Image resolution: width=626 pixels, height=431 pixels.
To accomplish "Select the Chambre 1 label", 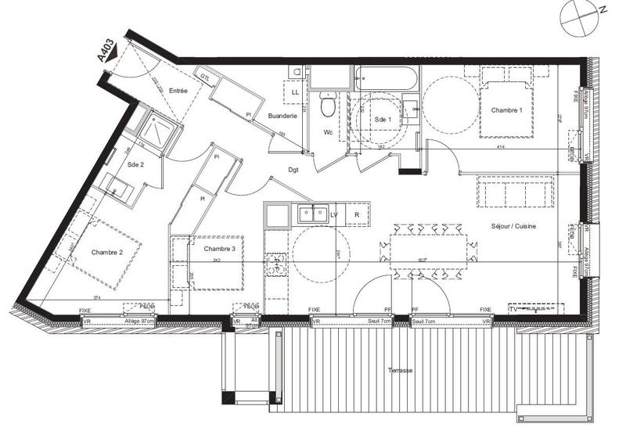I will click(x=506, y=111).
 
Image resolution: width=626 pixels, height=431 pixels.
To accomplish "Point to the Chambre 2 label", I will click(x=108, y=252).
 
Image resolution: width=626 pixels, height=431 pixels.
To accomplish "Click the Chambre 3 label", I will click(x=219, y=249).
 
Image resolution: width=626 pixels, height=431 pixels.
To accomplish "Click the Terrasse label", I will click(x=399, y=370).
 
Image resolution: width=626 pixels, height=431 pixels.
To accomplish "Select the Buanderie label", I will click(x=282, y=117).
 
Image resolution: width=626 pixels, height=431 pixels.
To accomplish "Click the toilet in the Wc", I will click(x=329, y=104).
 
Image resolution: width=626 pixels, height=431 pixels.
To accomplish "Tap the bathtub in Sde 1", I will click(x=387, y=78).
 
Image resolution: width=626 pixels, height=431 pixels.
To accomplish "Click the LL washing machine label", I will click(x=295, y=92).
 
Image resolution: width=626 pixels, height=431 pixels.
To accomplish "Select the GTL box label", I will click(x=204, y=77).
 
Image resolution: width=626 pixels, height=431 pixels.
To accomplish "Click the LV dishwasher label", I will click(x=334, y=214).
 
